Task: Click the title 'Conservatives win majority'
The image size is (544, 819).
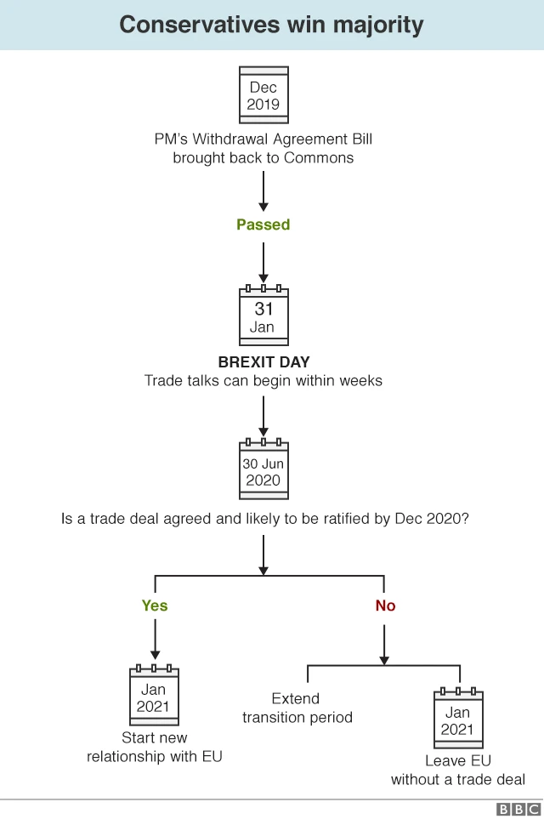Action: point(271,24)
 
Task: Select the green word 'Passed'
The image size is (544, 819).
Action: point(263,225)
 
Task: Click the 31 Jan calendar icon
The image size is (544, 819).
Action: point(263,316)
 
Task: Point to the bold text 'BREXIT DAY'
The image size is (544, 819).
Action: point(263,362)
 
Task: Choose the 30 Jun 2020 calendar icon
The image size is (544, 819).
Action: point(263,470)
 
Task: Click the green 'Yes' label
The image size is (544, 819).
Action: point(155,606)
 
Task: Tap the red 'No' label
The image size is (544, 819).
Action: point(385,606)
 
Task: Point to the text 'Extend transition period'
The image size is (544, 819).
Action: point(297,708)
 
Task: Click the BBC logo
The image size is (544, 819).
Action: point(518,810)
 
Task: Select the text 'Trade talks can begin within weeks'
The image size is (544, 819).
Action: point(263,380)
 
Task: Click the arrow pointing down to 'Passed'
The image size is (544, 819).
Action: point(263,191)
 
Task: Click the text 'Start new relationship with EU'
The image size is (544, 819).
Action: point(155,747)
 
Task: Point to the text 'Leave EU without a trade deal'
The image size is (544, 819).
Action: point(458,770)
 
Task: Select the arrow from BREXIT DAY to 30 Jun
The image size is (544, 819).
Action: point(263,415)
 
